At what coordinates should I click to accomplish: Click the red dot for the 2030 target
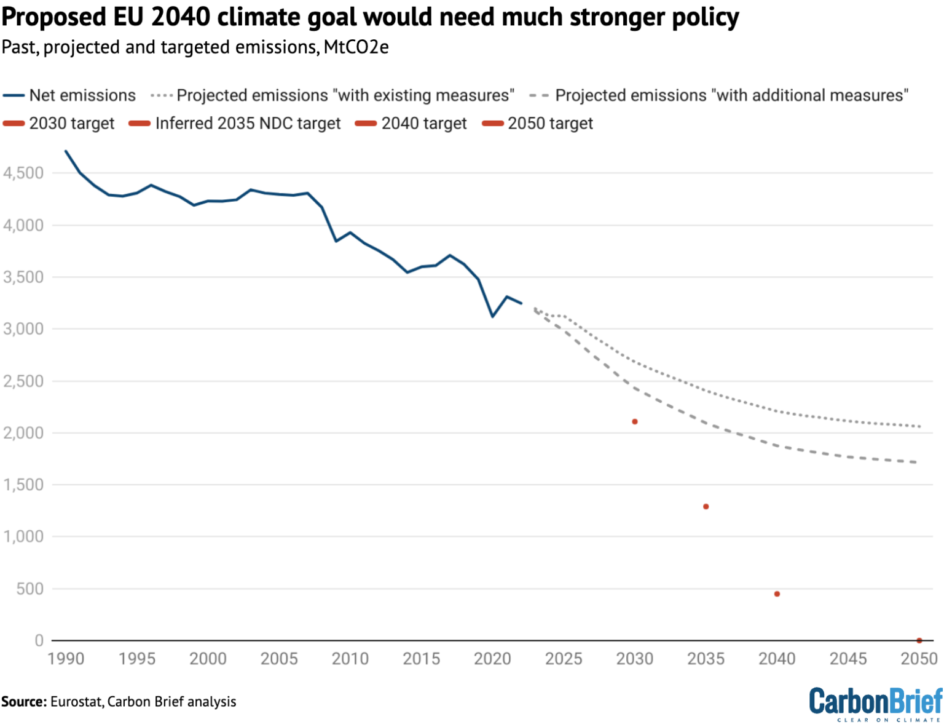(635, 422)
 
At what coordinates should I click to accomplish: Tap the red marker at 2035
(706, 507)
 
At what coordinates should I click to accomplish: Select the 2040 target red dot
(777, 594)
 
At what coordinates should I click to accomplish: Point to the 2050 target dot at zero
(919, 641)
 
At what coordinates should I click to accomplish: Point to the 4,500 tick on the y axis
(23, 173)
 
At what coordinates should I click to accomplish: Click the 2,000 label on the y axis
(23, 433)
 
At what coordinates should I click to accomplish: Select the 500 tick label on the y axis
(30, 589)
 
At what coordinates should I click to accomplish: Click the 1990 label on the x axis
(66, 659)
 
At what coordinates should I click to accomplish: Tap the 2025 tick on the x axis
(564, 659)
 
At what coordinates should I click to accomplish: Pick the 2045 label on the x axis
(848, 659)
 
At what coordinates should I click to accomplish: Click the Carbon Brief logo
(875, 704)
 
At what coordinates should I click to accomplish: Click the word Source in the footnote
(23, 702)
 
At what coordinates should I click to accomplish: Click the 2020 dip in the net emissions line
(492, 316)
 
